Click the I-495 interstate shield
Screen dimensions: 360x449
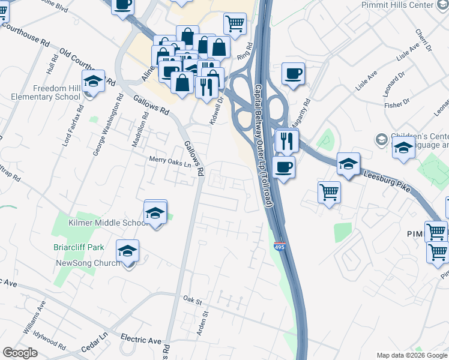279,246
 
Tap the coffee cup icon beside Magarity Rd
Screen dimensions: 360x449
292,74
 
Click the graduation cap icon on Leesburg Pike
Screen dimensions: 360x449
348,163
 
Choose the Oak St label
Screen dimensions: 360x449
191,299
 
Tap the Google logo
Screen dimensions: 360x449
20,353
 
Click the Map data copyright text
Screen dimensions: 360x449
412,355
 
